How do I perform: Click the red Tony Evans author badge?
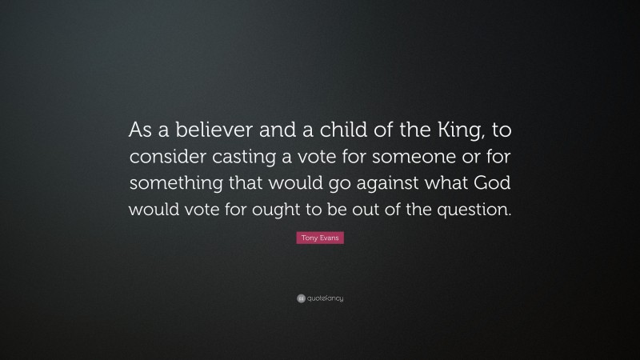319,239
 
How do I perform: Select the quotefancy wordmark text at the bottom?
325,298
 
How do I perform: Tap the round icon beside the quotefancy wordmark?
299,298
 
